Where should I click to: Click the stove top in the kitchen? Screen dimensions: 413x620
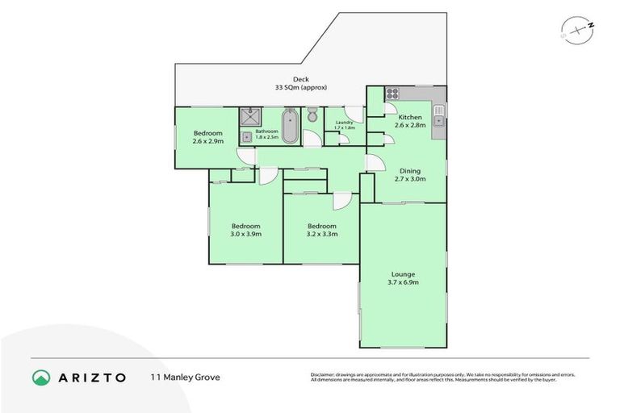click(392, 93)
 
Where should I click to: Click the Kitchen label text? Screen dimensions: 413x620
click(409, 118)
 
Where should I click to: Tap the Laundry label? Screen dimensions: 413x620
click(344, 123)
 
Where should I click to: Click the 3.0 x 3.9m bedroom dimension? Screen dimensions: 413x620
click(246, 235)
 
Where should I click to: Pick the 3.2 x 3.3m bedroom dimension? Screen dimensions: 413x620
click(320, 235)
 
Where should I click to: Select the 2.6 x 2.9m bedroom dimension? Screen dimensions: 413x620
click(207, 142)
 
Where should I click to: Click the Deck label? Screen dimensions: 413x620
click(300, 79)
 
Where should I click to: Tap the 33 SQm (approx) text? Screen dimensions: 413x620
click(300, 87)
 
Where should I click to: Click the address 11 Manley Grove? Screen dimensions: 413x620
click(185, 377)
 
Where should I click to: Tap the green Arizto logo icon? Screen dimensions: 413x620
click(42, 377)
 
